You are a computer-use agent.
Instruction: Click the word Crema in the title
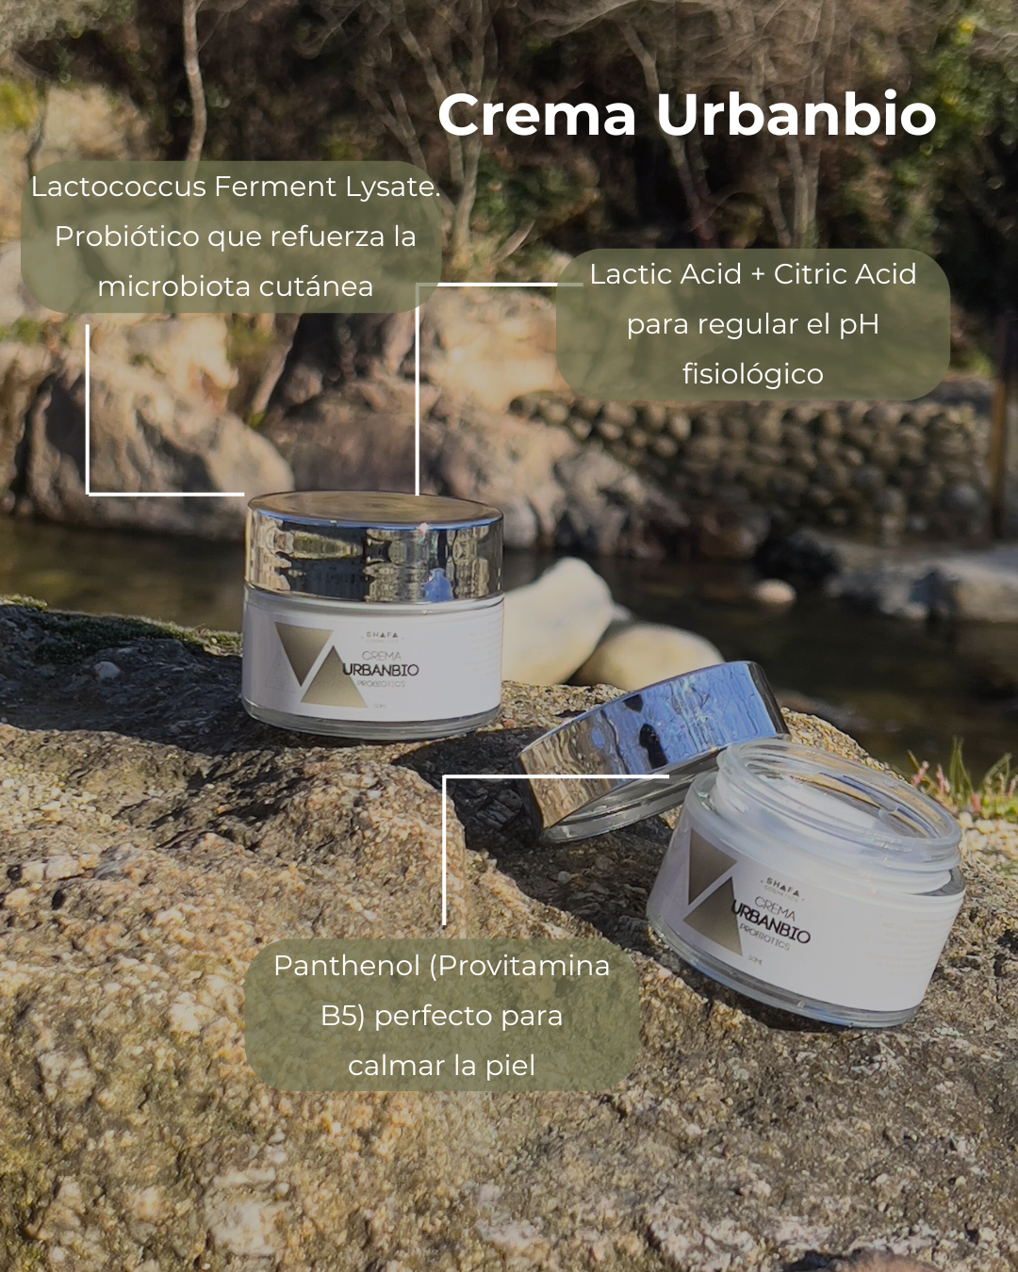(x=536, y=115)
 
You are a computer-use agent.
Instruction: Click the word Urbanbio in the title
(x=796, y=115)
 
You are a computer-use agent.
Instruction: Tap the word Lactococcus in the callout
(x=119, y=187)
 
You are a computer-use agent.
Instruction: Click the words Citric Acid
(x=845, y=274)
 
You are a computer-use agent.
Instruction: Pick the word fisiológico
(x=752, y=374)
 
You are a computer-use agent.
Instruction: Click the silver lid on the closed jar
(x=374, y=547)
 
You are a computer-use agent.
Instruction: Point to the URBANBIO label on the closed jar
(x=381, y=670)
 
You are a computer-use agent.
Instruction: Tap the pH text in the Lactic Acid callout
(x=859, y=324)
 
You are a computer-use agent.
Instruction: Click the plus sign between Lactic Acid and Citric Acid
(x=758, y=274)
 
